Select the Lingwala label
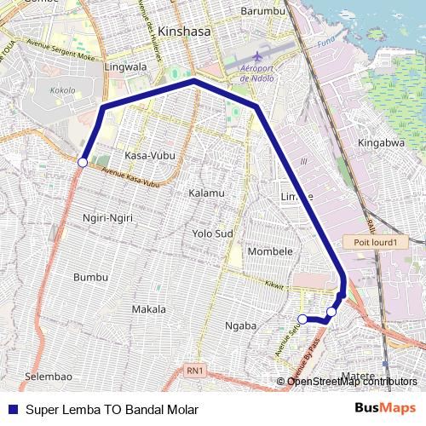tap(125, 66)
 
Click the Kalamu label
tap(206, 193)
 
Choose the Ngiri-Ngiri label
tap(107, 218)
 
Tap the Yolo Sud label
tap(212, 232)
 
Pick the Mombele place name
tap(270, 251)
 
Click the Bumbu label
tap(90, 277)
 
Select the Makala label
tap(149, 308)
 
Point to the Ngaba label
tap(239, 325)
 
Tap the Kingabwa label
tap(381, 143)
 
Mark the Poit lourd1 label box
tap(371, 243)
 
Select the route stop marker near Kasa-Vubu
tap(83, 162)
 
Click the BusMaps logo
tap(385, 408)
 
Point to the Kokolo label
tap(62, 89)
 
